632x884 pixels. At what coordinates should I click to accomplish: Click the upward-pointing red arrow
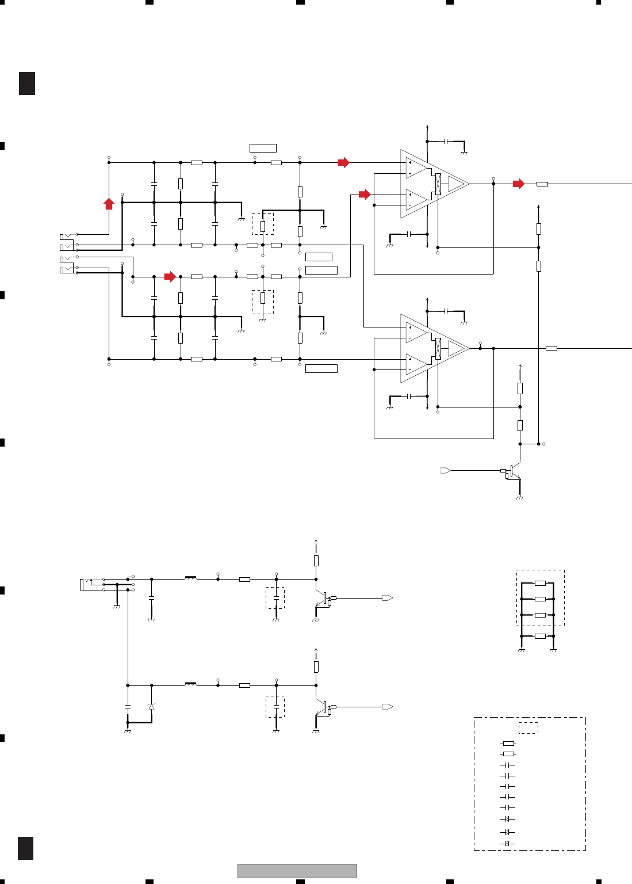point(109,203)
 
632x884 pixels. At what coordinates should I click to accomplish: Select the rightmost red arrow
point(519,184)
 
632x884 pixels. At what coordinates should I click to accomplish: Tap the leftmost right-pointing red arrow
point(170,277)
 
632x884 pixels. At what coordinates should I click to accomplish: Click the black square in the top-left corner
point(27,83)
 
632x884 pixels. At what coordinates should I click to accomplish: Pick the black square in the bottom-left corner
point(26,848)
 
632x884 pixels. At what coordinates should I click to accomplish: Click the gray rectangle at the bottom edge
point(297,871)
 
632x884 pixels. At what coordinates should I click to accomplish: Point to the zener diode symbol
point(152,706)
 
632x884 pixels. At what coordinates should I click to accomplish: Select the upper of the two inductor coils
point(190,577)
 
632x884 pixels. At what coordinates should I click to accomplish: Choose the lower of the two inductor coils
point(190,684)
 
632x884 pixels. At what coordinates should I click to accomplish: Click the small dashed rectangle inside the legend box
point(528,728)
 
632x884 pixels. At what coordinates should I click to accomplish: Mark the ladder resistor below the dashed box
point(540,636)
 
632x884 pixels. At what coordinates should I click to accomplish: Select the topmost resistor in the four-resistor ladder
point(540,583)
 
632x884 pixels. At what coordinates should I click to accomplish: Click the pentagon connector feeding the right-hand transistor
point(445,471)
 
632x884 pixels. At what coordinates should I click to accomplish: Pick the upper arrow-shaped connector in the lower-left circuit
point(388,598)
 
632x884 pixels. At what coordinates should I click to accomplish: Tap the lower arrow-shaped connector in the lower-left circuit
point(388,707)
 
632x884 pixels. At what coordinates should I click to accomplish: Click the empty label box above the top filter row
point(263,148)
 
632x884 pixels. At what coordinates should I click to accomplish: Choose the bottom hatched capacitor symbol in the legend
point(507,844)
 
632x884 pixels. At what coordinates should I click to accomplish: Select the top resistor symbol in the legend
point(508,744)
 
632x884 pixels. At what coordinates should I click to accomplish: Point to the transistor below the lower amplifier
point(512,473)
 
